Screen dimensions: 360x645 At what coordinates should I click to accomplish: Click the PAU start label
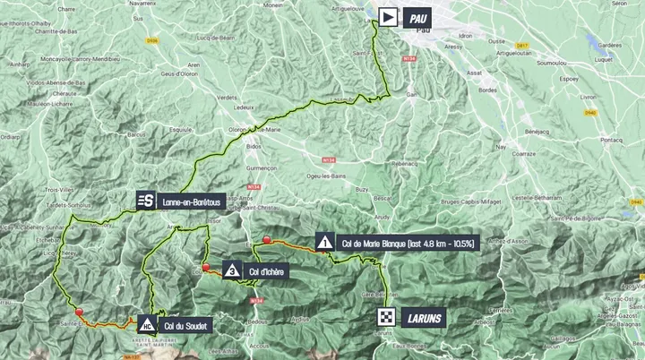coord(417,17)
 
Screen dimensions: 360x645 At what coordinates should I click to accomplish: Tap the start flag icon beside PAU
coord(388,17)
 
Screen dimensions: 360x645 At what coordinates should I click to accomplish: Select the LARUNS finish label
coord(418,317)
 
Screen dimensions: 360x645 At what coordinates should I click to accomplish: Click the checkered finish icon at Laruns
coord(386,317)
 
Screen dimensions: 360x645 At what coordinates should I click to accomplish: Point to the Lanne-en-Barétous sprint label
coord(191,202)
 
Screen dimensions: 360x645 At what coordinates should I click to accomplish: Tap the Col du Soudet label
coord(185,326)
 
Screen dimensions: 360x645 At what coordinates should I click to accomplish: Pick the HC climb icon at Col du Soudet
coord(145,325)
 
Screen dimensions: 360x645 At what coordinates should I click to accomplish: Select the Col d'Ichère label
coord(267,270)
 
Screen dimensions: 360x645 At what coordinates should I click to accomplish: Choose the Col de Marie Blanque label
coord(407,243)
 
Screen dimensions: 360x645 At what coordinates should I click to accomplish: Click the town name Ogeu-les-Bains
coord(327,176)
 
